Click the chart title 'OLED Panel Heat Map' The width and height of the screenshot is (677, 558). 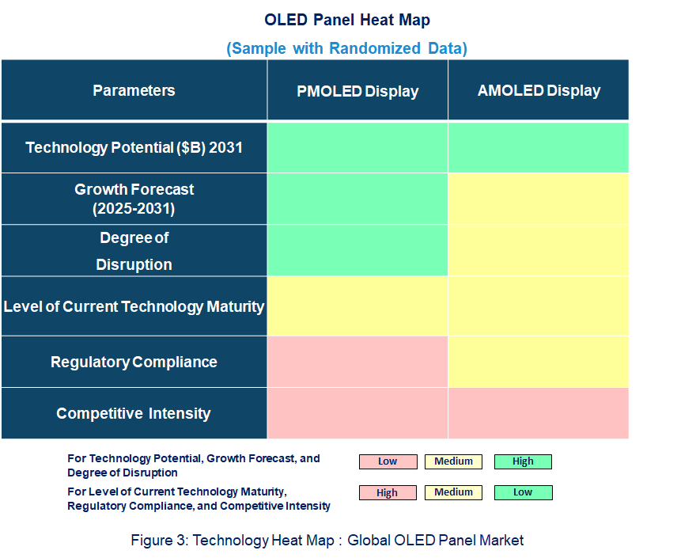tap(347, 19)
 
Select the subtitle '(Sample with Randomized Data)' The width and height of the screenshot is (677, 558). tap(347, 48)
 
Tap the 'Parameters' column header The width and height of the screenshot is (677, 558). tap(134, 90)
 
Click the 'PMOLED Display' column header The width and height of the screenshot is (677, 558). tap(357, 91)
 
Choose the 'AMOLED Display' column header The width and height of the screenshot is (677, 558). tap(539, 90)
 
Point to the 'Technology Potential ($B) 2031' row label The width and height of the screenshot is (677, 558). tap(134, 147)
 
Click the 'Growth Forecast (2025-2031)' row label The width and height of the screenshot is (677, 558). tap(134, 199)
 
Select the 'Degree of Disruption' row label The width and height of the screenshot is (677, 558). tap(134, 251)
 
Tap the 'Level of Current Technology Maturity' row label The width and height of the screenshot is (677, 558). tap(134, 306)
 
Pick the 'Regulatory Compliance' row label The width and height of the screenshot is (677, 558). tap(134, 362)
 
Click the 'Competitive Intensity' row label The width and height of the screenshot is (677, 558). tap(134, 413)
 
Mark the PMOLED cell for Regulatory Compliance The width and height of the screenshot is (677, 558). tap(357, 362)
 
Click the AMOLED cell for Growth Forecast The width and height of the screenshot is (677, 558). tap(539, 199)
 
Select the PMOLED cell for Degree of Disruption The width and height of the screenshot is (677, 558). tap(357, 251)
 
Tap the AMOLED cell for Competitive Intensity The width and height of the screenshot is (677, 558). tap(539, 413)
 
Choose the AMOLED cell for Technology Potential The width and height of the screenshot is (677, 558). tap(539, 147)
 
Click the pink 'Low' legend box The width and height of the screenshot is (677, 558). tap(388, 461)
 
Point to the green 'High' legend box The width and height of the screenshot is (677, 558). tap(523, 461)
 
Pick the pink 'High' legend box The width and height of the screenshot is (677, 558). tap(388, 492)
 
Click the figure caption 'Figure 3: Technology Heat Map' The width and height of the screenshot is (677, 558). tap(327, 541)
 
